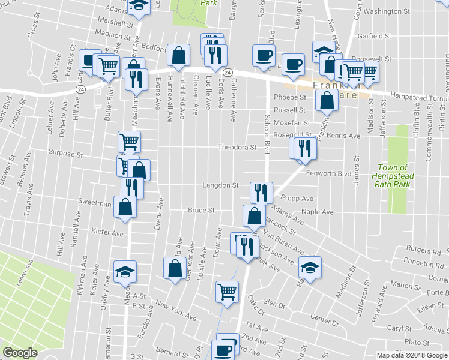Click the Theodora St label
coord(237,147)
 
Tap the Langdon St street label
coord(221,186)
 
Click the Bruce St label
coord(201,211)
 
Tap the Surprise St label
coord(66,154)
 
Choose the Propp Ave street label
coord(300,198)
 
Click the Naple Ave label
coord(318,212)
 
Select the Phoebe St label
coord(290,97)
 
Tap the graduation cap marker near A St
coord(126,271)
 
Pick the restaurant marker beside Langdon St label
coord(261,192)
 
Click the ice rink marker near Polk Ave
coord(310,267)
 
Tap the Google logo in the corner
coord(20,353)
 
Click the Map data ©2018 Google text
coord(412,355)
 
